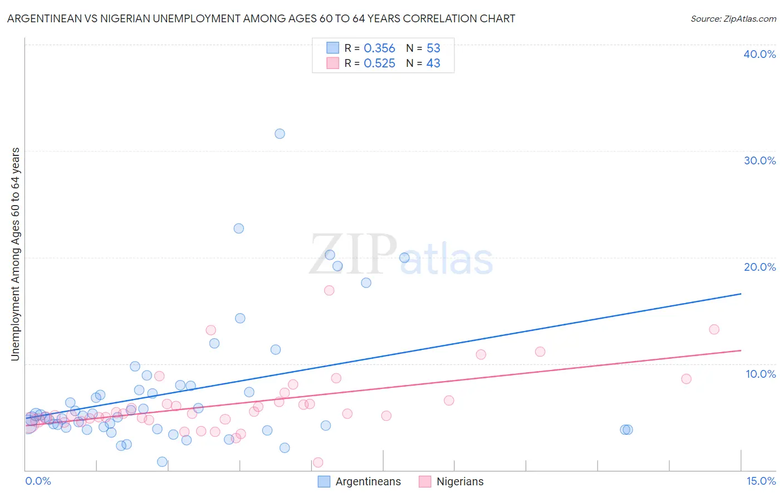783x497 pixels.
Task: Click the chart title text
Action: [x=261, y=18]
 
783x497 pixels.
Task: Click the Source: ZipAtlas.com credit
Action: [x=733, y=18]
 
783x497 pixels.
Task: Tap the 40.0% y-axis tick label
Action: [x=760, y=54]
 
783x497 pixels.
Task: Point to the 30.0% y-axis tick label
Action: [x=760, y=160]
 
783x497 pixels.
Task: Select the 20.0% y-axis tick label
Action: [x=760, y=267]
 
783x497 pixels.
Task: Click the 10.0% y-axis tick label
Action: [x=760, y=374]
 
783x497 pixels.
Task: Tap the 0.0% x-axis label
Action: [x=38, y=481]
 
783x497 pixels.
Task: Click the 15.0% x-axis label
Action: [x=761, y=481]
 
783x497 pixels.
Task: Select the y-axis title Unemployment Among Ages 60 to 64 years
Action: [x=15, y=254]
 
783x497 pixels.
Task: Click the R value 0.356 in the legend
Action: [x=379, y=48]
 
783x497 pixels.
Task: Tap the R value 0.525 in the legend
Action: [x=379, y=64]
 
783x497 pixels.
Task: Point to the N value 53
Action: [x=433, y=48]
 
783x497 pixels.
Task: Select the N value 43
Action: [x=433, y=64]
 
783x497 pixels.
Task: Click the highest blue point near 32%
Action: [x=280, y=134]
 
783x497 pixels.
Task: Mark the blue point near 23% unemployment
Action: [x=238, y=228]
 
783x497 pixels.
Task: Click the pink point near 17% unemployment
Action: [x=329, y=290]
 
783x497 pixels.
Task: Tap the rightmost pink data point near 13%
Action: [x=714, y=329]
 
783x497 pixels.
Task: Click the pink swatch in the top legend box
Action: [x=332, y=63]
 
